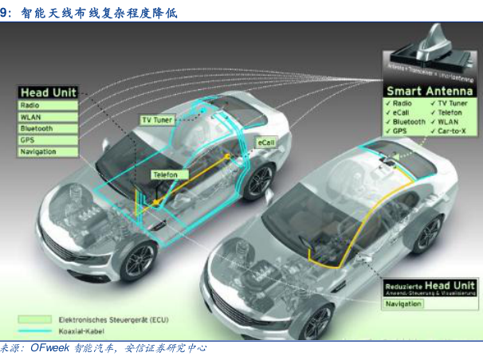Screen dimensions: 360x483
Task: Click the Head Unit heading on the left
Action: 47,92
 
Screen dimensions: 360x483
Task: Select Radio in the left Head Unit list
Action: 29,105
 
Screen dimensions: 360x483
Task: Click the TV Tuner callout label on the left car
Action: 157,119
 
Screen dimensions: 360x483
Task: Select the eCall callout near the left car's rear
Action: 265,141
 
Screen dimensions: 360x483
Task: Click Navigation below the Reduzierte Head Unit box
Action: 405,303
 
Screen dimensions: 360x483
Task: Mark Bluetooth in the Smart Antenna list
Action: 408,122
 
